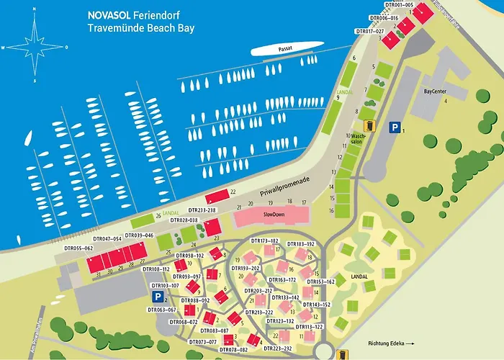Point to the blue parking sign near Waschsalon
(x=394, y=127)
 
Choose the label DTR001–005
(x=399, y=5)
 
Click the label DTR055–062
(x=78, y=248)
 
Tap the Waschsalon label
(x=358, y=139)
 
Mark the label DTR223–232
(x=277, y=348)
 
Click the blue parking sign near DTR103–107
(x=156, y=296)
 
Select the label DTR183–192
(x=301, y=244)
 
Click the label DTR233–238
(x=200, y=210)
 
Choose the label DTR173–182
(x=264, y=240)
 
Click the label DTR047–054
(x=107, y=238)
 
